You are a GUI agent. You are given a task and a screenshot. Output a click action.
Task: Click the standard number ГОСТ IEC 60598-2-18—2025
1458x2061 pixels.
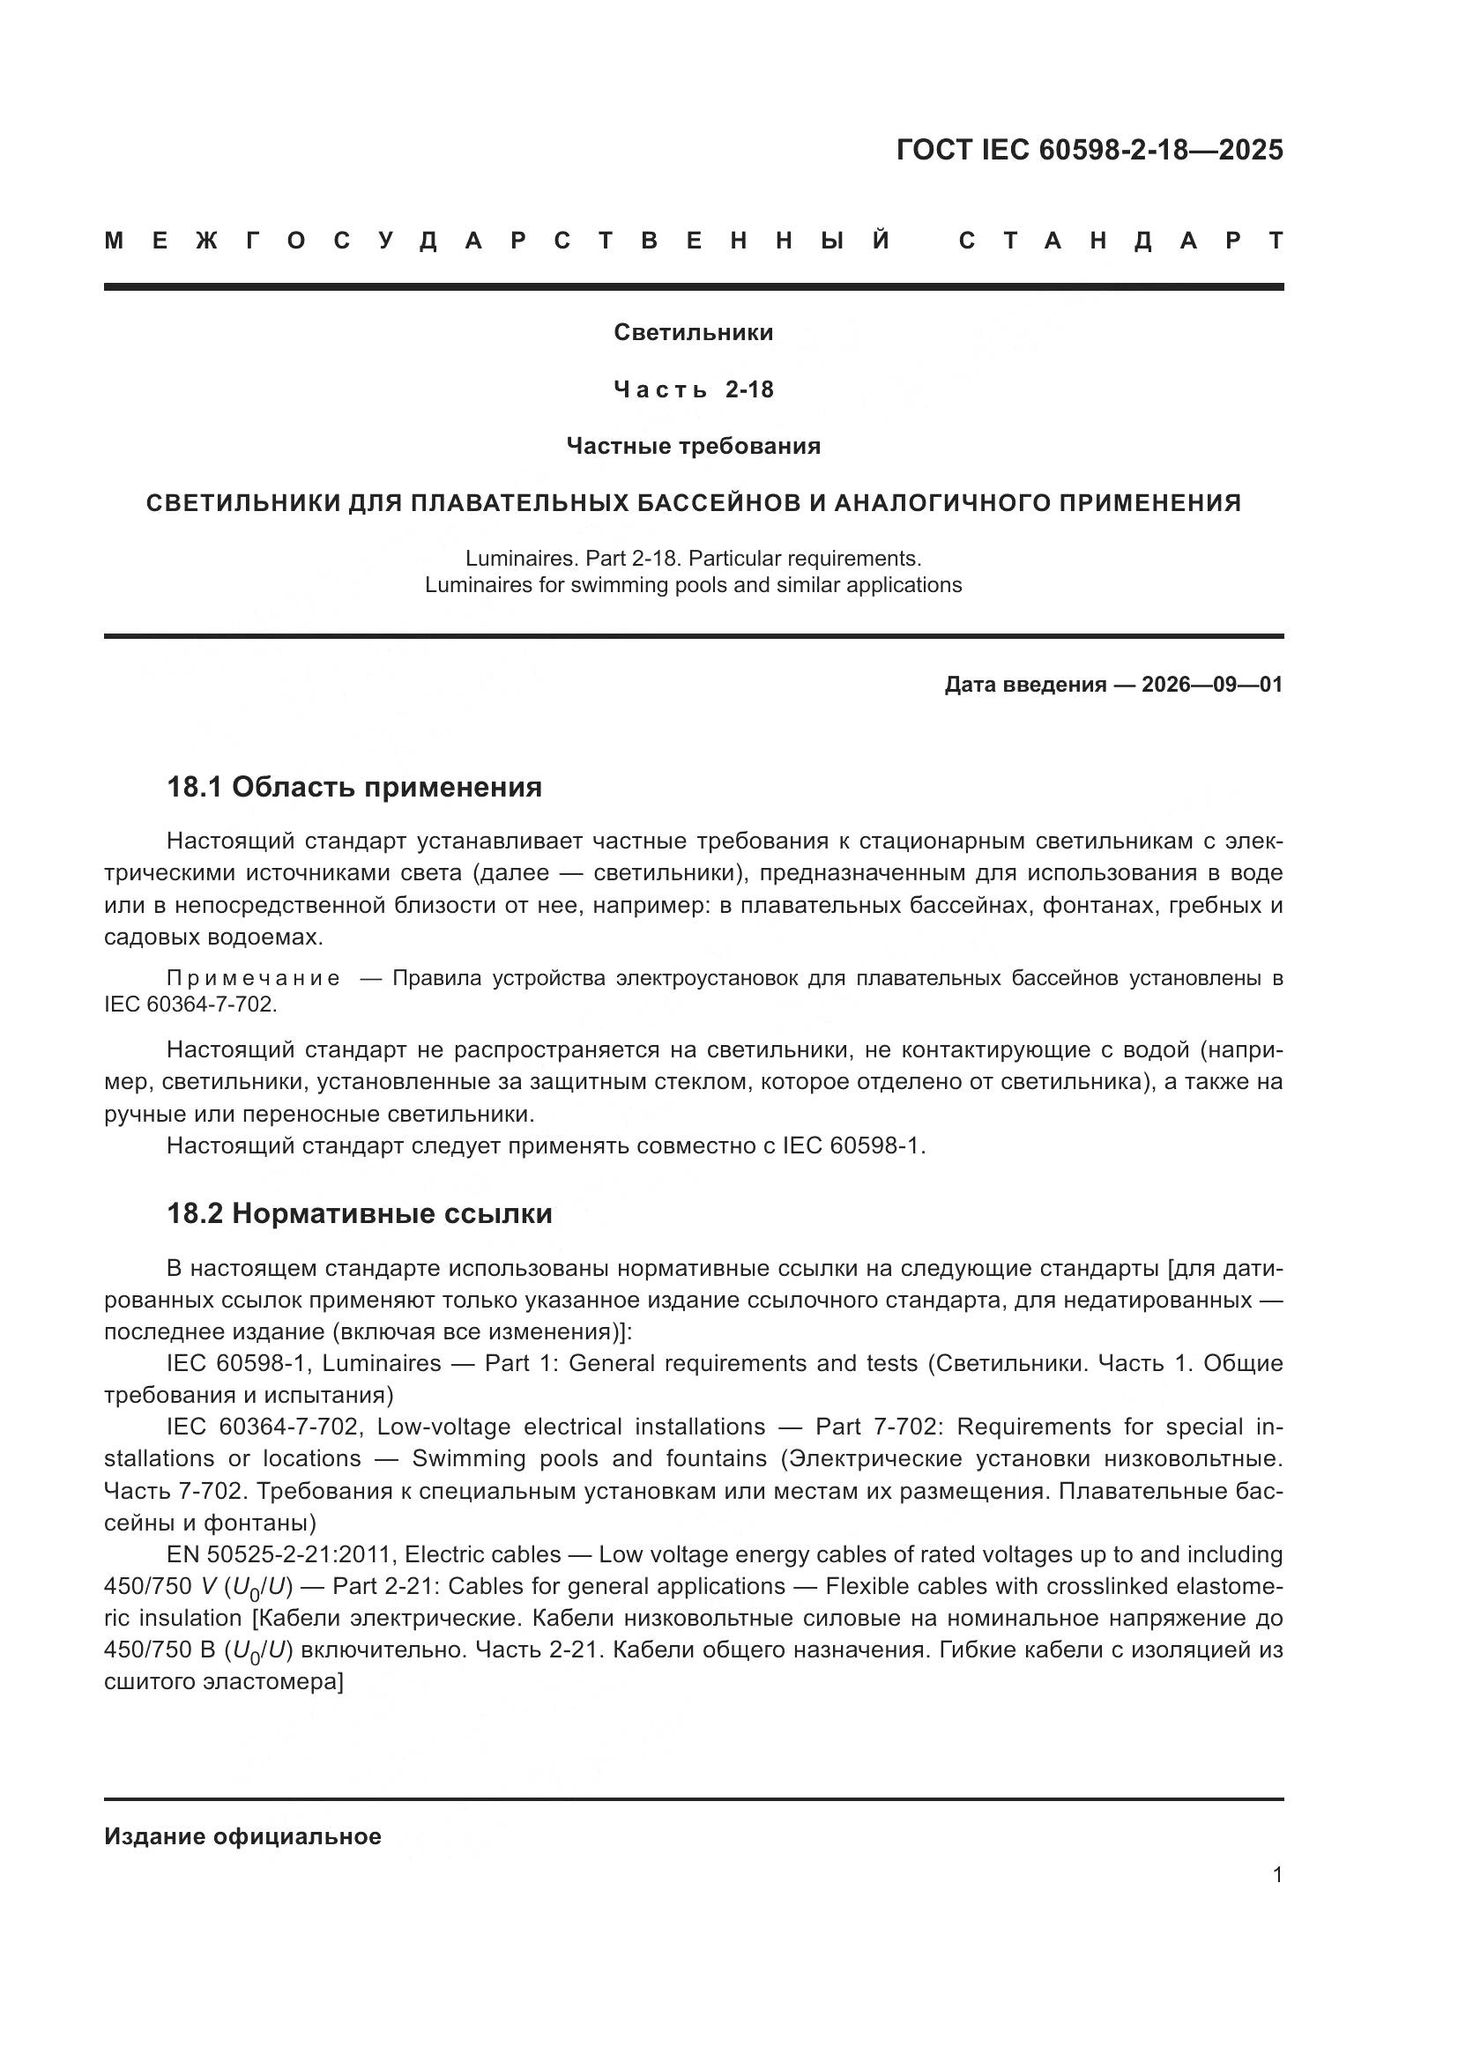(1089, 149)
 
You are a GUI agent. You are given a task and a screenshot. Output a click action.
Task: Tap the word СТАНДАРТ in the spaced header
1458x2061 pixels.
(1120, 241)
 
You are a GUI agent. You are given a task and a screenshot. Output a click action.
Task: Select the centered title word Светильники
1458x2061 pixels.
(693, 332)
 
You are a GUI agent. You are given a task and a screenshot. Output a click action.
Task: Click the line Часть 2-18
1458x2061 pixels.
(693, 389)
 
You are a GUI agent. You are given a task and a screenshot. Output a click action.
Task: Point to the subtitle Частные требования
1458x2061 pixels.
(693, 446)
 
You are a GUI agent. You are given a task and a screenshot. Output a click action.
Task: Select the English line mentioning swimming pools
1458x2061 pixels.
(693, 585)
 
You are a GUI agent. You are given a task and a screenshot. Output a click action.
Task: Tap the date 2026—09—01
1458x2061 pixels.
(1211, 685)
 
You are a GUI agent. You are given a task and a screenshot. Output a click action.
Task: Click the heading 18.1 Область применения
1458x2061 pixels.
(354, 787)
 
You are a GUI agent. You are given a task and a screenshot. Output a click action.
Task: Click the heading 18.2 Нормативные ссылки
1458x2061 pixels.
(359, 1213)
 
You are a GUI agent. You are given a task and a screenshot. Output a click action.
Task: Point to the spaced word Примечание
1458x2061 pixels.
(254, 978)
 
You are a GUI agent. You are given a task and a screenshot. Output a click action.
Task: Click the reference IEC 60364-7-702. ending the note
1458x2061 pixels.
(190, 1005)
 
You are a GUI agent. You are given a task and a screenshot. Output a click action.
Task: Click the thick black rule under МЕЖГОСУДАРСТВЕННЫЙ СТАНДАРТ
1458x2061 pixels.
(693, 286)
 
